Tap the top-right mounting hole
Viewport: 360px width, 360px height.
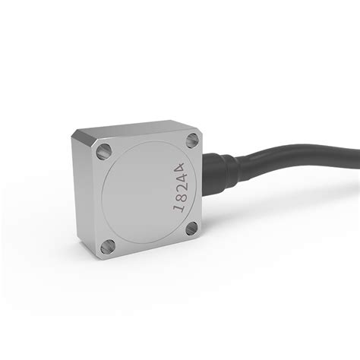point(191,139)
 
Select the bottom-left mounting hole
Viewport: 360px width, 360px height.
point(109,245)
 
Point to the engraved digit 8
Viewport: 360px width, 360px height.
point(181,196)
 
